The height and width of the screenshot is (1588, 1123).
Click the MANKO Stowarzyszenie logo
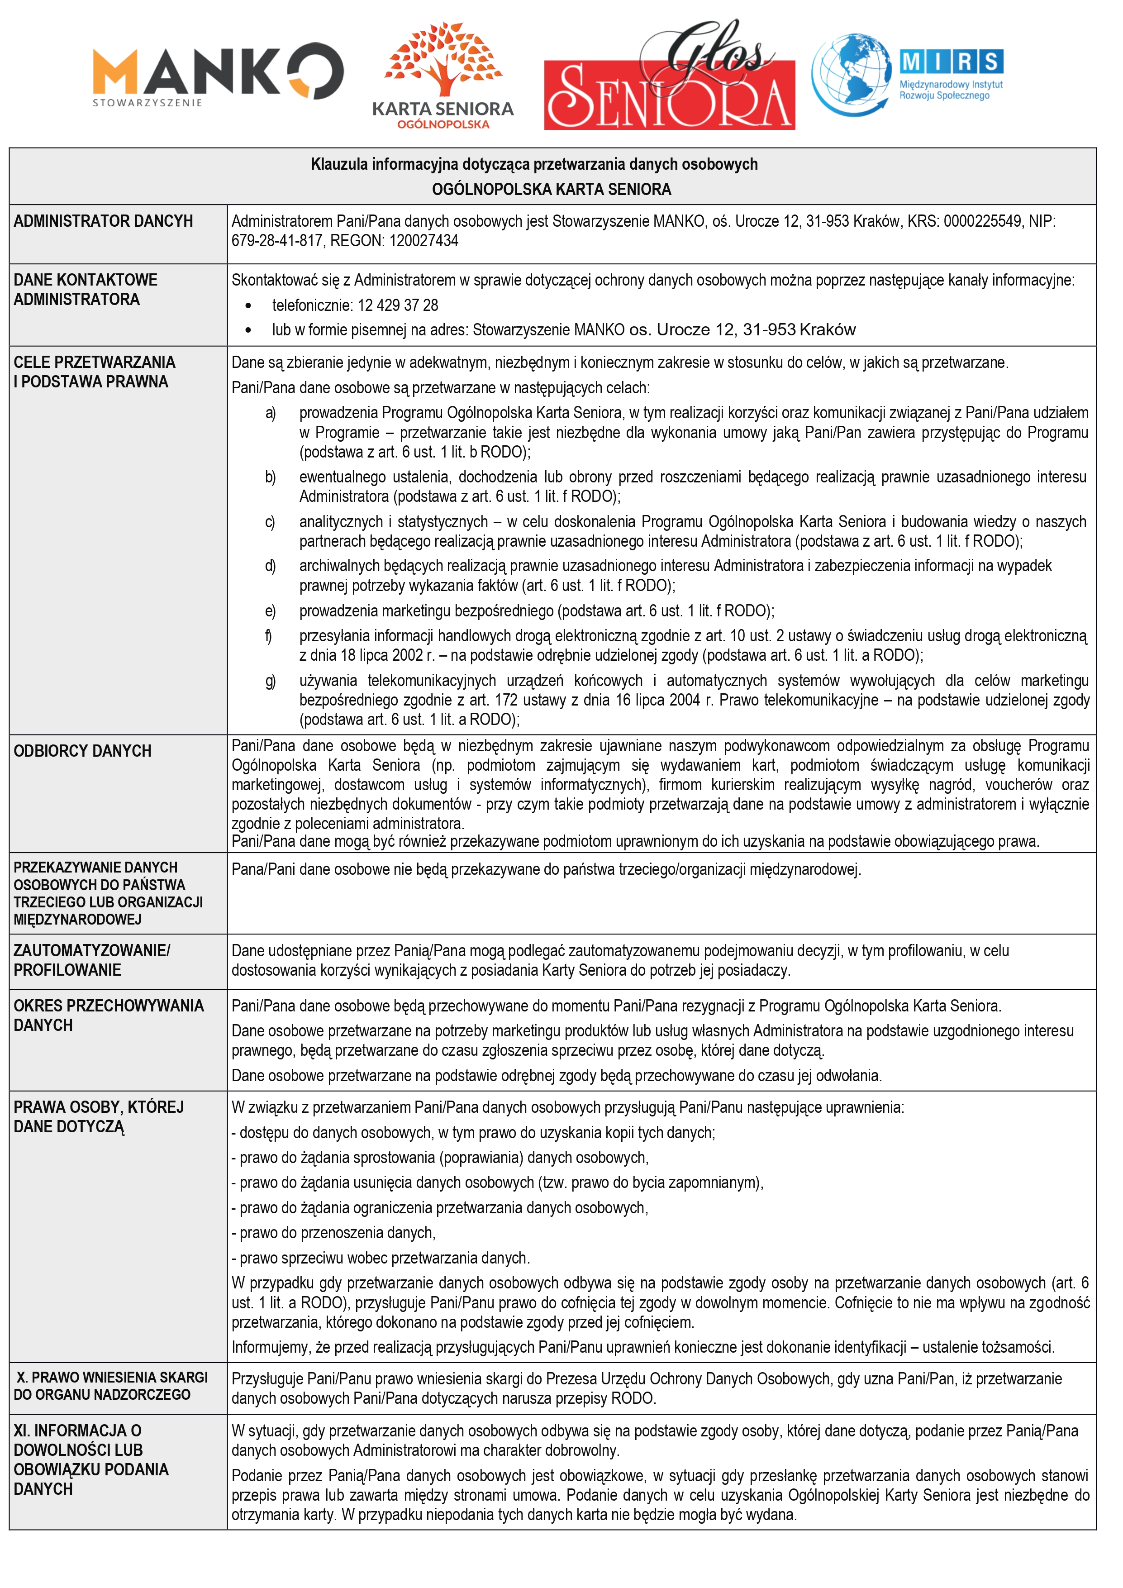point(218,75)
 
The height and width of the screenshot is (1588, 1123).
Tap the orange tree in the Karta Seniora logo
point(443,59)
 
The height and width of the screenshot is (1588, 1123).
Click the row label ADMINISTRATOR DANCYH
point(103,221)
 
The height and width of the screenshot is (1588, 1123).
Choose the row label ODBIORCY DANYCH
point(82,751)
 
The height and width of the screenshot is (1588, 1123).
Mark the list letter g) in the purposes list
point(271,681)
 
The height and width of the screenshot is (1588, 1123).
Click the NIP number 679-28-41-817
point(276,241)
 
